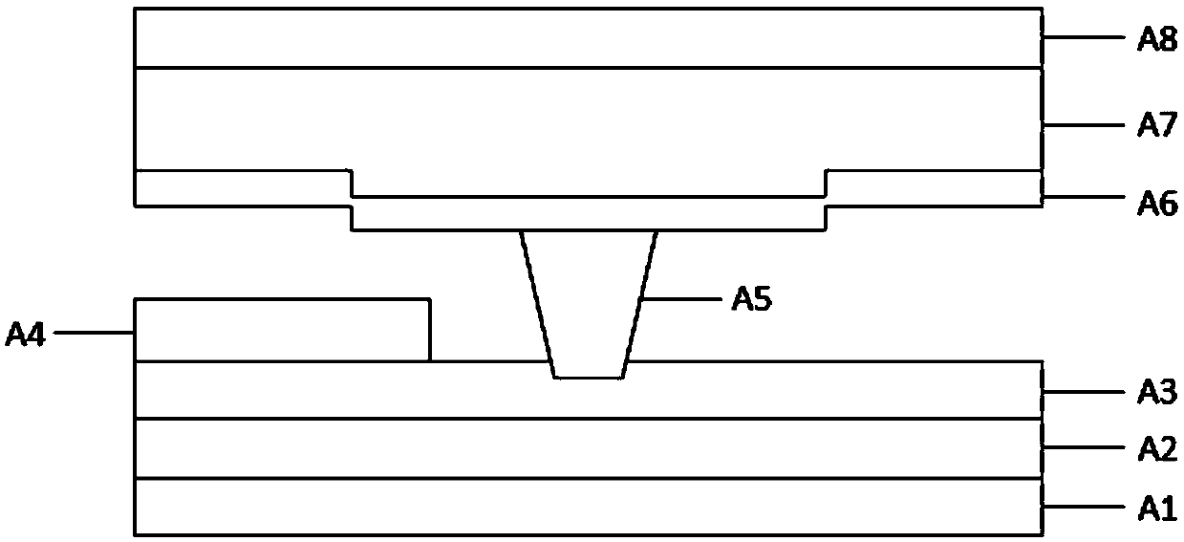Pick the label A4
[26, 334]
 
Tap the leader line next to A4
[94, 334]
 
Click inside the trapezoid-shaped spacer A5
[588, 306]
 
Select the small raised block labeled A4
[282, 331]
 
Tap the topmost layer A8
[588, 38]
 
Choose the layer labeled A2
[588, 448]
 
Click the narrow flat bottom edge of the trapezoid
[589, 379]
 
